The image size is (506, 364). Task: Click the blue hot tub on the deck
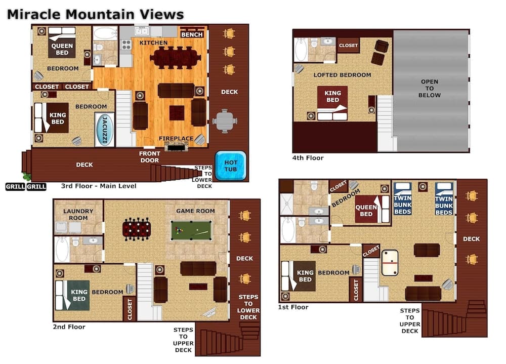point(231,166)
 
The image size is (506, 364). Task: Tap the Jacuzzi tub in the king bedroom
point(105,130)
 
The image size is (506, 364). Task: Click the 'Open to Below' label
point(430,89)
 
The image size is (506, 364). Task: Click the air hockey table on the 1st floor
point(390,262)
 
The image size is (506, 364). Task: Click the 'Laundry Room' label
point(75,214)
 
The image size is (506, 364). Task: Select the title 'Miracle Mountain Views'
point(95,14)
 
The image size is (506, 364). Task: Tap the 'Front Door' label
point(150,157)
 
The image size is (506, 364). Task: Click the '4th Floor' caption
point(308,158)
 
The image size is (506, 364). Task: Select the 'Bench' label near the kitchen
point(192,34)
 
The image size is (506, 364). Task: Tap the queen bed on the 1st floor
point(366,210)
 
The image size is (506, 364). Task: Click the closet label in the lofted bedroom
point(348,46)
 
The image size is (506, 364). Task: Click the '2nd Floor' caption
point(69,327)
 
